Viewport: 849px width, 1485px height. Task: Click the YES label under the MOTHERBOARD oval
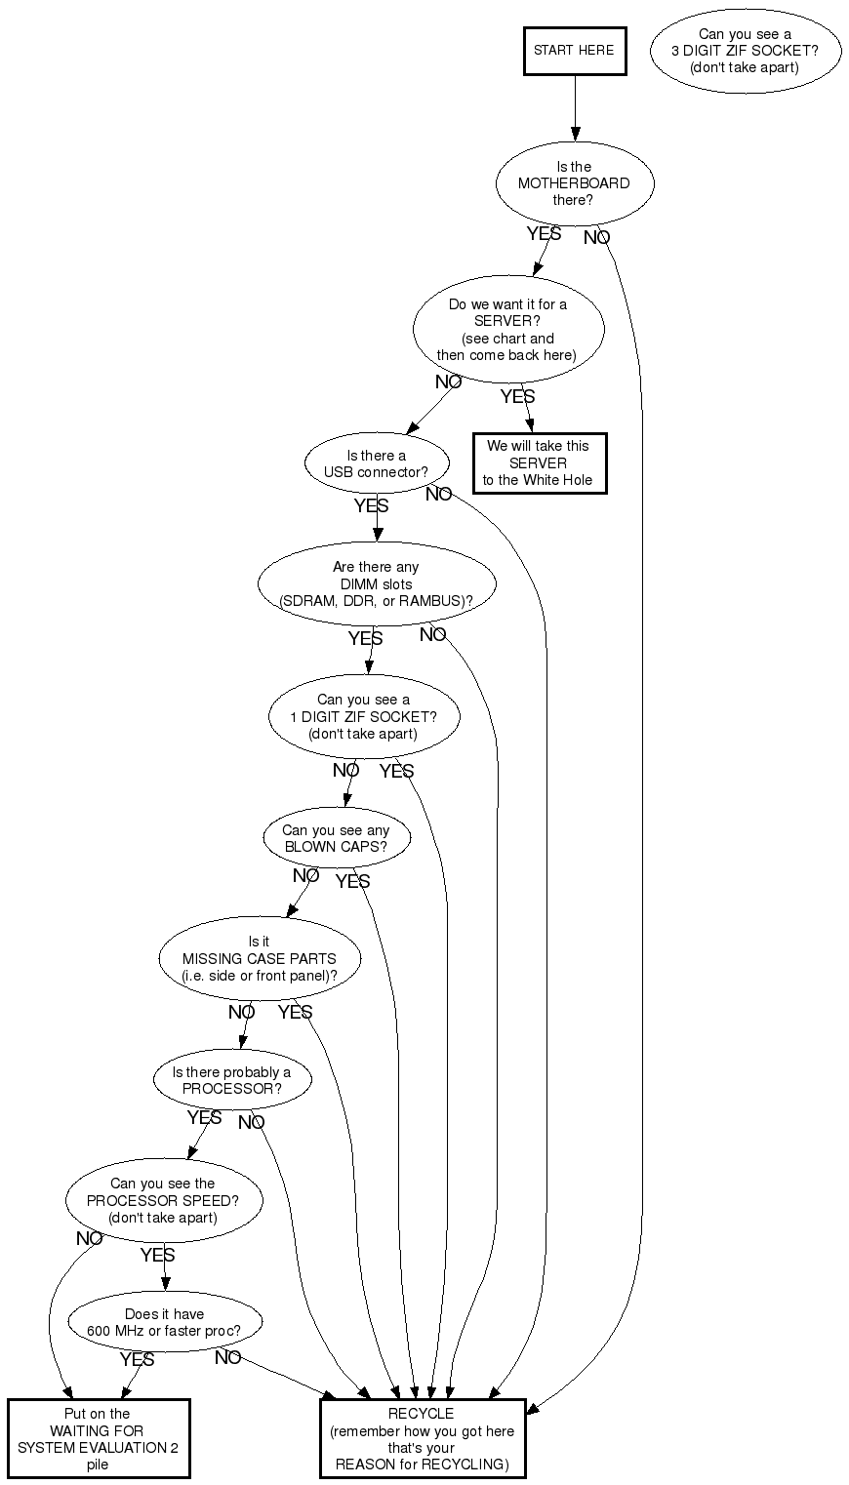[544, 233]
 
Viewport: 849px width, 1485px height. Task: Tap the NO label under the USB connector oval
[438, 494]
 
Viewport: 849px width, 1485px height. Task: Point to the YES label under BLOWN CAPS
[352, 881]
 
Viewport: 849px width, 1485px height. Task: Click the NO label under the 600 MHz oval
[227, 1357]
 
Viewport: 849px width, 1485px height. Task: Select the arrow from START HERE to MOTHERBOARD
[575, 108]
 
